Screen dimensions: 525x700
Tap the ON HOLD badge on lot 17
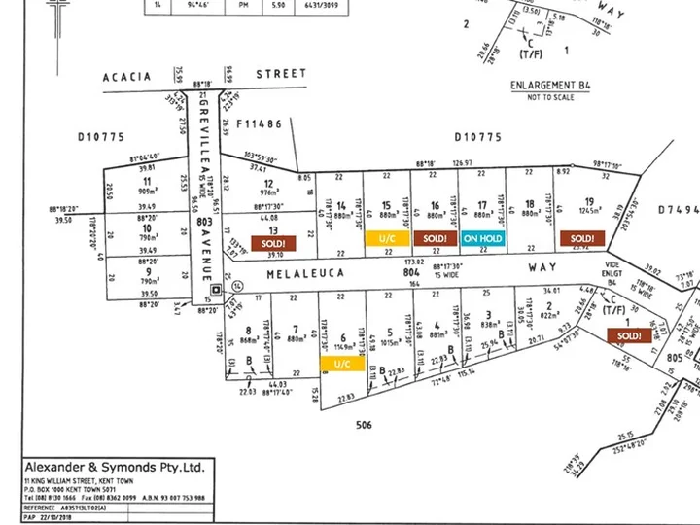(483, 238)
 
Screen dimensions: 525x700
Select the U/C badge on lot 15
(386, 238)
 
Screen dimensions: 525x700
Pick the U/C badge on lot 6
(341, 364)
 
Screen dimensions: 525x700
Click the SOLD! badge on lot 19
(581, 238)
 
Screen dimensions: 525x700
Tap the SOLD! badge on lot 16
(435, 238)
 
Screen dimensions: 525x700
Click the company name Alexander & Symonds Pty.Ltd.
(115, 468)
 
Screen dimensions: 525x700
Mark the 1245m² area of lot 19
(589, 210)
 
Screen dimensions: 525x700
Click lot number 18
(529, 205)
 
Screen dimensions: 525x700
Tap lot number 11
(146, 181)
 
